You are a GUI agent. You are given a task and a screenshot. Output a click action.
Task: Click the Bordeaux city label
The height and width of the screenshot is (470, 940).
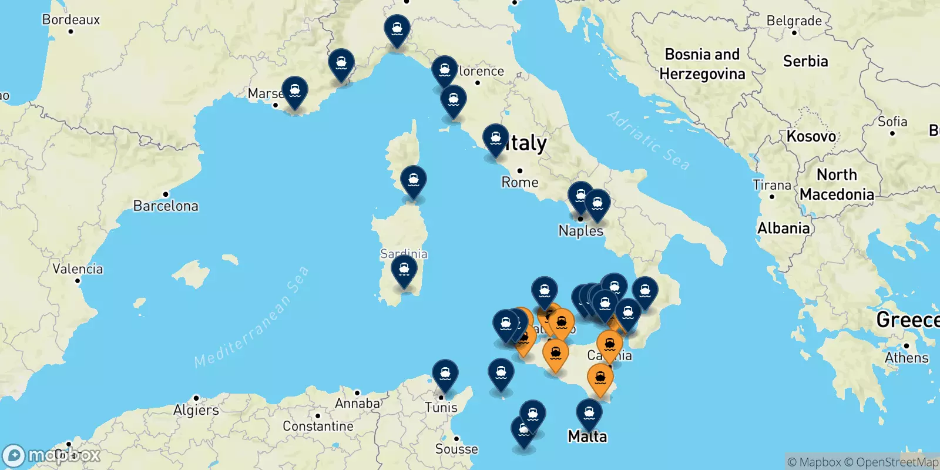tap(71, 20)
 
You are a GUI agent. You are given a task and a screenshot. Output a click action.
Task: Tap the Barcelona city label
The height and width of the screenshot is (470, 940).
tap(166, 206)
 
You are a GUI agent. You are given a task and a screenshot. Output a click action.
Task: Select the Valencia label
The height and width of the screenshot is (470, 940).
tap(78, 269)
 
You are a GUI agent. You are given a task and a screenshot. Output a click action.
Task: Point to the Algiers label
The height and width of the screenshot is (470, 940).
tap(196, 410)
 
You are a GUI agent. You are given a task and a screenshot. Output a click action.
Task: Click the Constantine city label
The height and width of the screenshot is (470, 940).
tap(318, 426)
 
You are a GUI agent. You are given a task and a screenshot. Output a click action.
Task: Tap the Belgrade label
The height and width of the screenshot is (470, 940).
tap(794, 21)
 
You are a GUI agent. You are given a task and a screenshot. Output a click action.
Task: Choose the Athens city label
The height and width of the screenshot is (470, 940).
tap(907, 358)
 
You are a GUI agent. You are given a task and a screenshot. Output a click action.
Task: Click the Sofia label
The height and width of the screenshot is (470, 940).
tap(892, 122)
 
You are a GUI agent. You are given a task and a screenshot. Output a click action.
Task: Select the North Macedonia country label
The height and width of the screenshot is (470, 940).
tap(837, 184)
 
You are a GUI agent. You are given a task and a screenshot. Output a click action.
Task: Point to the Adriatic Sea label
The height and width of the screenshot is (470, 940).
tap(648, 140)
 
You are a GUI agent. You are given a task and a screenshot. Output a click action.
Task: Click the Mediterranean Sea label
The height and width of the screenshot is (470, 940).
tap(251, 317)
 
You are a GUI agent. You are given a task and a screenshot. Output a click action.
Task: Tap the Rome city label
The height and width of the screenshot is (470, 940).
tap(520, 182)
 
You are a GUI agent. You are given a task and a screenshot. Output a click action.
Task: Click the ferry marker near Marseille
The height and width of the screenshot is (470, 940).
tap(295, 92)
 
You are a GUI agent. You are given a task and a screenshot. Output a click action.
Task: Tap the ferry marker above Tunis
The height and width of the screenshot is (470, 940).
tap(445, 374)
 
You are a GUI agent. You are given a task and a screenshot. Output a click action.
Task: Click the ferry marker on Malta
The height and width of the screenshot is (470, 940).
tap(589, 414)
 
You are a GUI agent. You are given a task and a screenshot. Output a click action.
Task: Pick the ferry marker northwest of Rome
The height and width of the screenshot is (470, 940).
tap(496, 140)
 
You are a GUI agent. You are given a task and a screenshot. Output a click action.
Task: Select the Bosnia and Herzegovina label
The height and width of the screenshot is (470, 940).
tap(702, 64)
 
